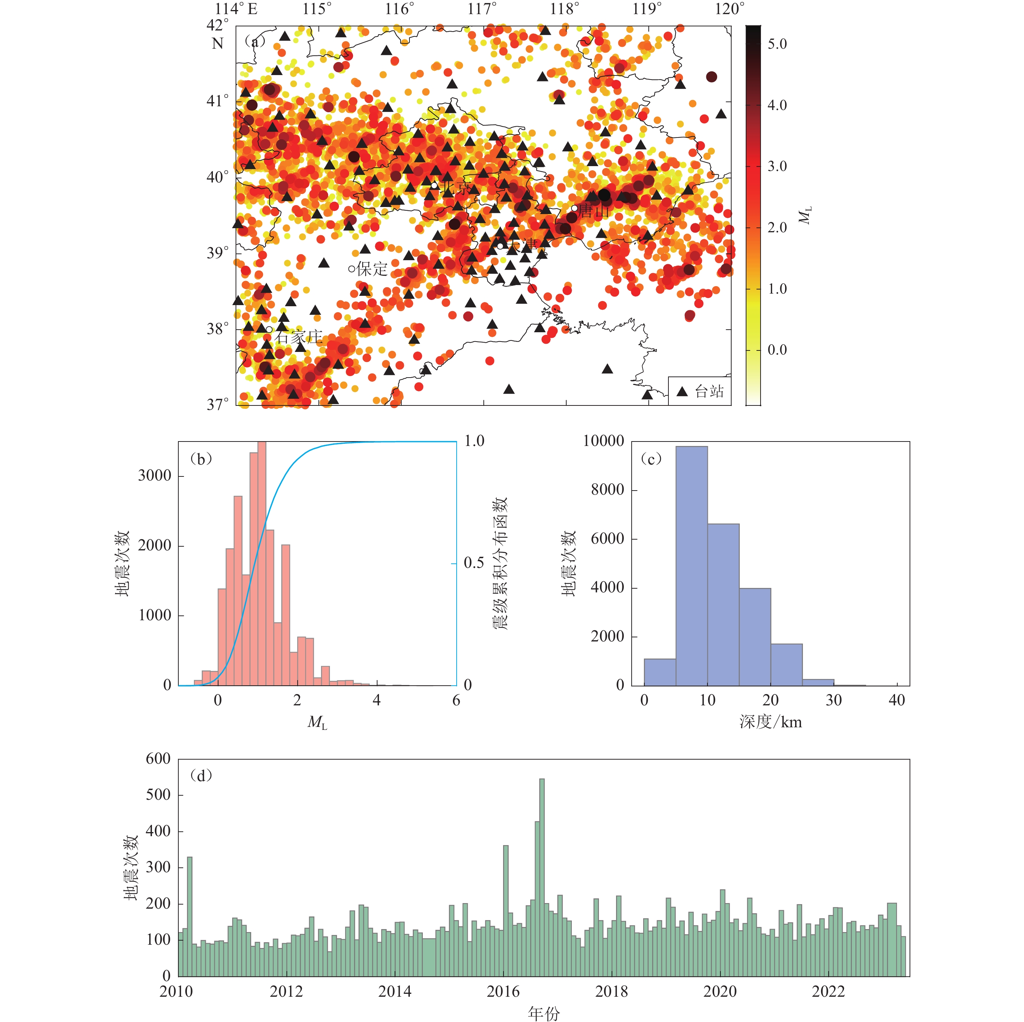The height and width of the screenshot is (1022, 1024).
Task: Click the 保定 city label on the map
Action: [x=372, y=269]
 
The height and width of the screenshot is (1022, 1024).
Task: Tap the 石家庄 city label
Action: [x=298, y=337]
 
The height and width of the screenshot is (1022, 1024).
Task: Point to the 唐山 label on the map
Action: [x=594, y=211]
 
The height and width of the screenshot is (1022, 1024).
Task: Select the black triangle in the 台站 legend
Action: [x=682, y=392]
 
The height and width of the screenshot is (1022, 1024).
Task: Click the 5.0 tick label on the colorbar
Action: [x=777, y=44]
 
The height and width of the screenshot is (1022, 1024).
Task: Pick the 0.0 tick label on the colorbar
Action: [x=777, y=350]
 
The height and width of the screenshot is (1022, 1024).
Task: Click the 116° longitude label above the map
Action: [x=400, y=9]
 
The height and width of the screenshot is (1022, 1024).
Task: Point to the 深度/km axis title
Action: [x=770, y=722]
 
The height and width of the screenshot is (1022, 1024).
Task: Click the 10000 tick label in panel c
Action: [x=603, y=441]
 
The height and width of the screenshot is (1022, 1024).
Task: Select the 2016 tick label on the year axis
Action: [x=503, y=991]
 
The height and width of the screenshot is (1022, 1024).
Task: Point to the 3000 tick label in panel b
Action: [x=155, y=475]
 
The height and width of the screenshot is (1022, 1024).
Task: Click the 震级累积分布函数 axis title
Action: [x=500, y=563]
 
